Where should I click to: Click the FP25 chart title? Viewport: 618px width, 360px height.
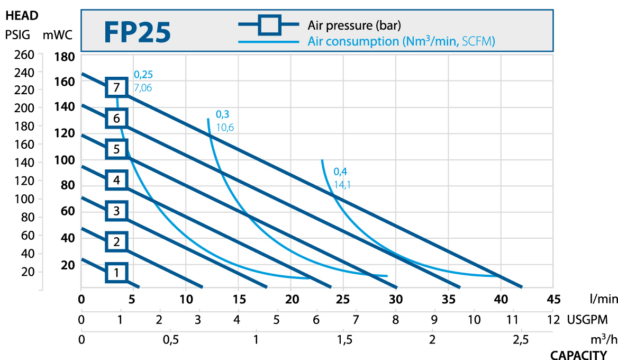(x=137, y=33)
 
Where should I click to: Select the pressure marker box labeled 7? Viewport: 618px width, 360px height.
(x=116, y=87)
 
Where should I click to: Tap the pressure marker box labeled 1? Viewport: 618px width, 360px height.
(x=116, y=273)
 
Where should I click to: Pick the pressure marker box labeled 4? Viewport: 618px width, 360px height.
(x=116, y=181)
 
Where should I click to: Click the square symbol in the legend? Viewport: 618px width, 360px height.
(x=269, y=24)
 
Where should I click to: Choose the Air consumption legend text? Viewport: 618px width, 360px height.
(x=401, y=41)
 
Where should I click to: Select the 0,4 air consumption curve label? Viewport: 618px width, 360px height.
(x=340, y=172)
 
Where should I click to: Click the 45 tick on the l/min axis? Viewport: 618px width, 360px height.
(x=553, y=299)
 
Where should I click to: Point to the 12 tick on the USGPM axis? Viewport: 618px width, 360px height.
(x=553, y=320)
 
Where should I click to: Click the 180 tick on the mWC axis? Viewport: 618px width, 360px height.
(x=66, y=57)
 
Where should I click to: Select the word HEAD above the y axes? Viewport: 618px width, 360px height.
(x=22, y=16)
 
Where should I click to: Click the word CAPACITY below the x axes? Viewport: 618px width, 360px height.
(x=578, y=355)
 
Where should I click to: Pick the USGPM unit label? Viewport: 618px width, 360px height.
(x=592, y=320)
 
